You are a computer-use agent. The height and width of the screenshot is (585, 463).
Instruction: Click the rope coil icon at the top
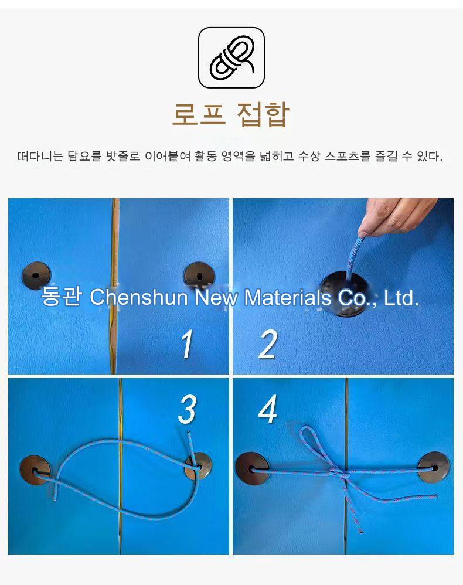[x=231, y=58]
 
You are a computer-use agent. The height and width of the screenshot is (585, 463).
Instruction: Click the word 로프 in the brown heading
[x=199, y=114]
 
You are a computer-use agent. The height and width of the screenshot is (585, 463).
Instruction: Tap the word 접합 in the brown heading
[x=263, y=114]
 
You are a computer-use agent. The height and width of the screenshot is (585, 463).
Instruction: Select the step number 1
[x=187, y=344]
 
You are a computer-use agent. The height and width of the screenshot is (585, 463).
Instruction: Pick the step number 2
[x=268, y=344]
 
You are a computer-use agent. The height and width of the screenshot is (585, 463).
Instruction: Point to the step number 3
[x=187, y=409]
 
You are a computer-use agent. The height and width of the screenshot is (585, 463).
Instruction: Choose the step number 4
[x=267, y=409]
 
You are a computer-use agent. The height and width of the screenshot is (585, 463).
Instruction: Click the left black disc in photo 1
[x=36, y=276]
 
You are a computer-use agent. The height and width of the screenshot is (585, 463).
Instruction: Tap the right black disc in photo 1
[x=199, y=277]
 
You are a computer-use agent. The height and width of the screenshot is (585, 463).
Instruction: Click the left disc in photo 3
[x=35, y=470]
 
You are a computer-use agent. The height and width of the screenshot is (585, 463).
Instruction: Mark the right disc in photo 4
[x=434, y=467]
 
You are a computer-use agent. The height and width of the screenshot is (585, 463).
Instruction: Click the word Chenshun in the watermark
[x=138, y=297]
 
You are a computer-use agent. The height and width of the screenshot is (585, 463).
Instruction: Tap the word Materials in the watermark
[x=287, y=297]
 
